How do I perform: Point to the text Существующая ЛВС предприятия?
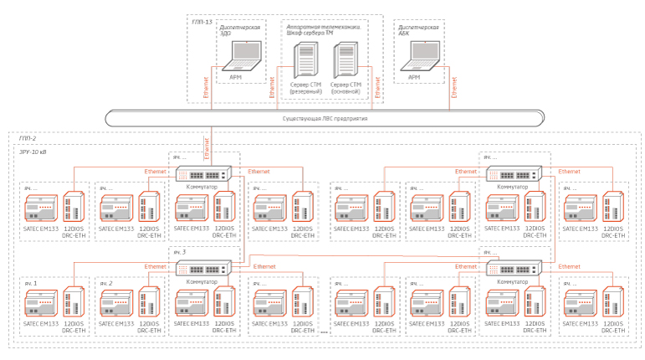coord(325,119)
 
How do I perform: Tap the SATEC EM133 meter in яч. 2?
coord(115,302)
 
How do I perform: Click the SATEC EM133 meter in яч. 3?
coord(192,302)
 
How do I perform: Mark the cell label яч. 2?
coord(106,284)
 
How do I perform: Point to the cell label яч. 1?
coord(31,284)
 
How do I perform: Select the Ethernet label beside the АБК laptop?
coord(454,87)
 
